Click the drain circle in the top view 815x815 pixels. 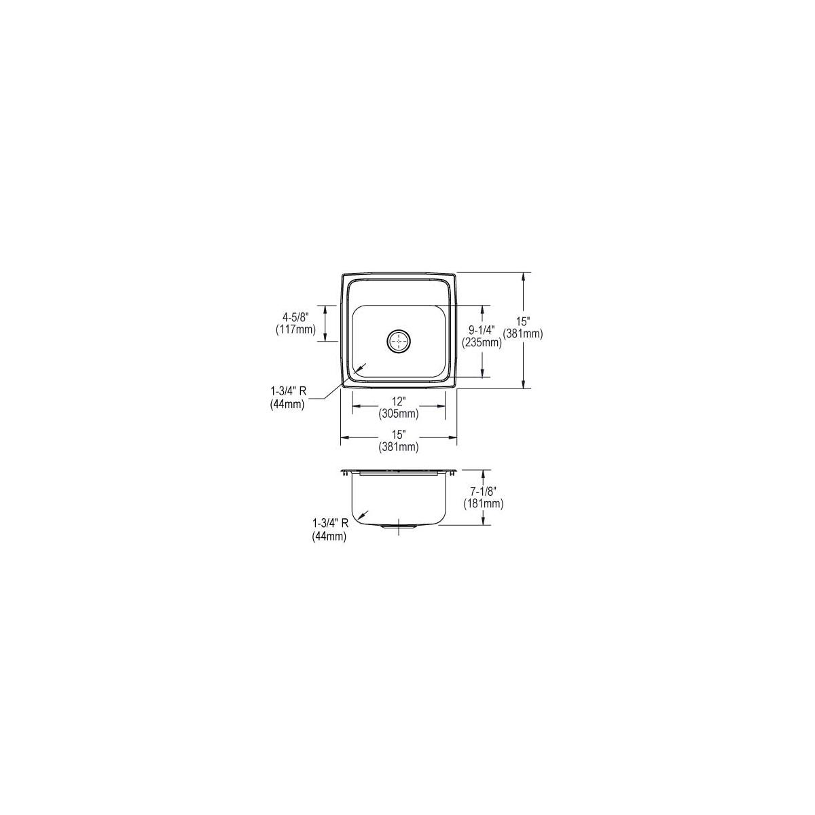[399, 341]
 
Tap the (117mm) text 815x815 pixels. [295, 330]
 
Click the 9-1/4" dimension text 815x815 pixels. [482, 329]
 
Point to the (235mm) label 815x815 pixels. [482, 343]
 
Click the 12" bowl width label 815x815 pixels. [398, 401]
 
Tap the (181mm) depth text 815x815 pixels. [483, 504]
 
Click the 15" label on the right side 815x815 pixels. [523, 322]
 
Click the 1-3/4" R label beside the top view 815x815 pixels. [287, 390]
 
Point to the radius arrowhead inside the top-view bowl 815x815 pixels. [360, 367]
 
